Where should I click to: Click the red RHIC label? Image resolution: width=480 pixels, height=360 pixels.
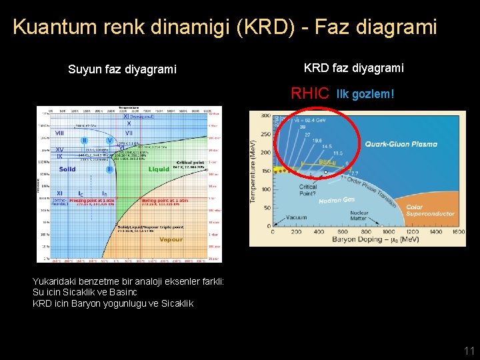coord(310,93)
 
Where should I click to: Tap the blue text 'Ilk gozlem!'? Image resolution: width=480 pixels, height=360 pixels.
coord(365,94)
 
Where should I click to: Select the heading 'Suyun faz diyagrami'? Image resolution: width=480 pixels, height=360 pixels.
coord(123,69)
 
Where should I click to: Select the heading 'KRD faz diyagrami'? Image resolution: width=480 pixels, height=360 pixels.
coord(353,68)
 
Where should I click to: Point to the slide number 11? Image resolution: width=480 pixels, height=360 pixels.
coord(469,350)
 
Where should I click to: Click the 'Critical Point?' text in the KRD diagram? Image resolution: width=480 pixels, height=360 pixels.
coord(308,191)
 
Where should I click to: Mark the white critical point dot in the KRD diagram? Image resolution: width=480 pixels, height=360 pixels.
coord(325,171)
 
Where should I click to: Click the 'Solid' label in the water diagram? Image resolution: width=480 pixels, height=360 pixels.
coord(67,169)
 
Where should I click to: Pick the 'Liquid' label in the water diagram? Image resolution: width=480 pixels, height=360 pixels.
coord(159,169)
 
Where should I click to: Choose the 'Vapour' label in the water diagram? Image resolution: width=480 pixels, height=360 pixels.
coord(171,239)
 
